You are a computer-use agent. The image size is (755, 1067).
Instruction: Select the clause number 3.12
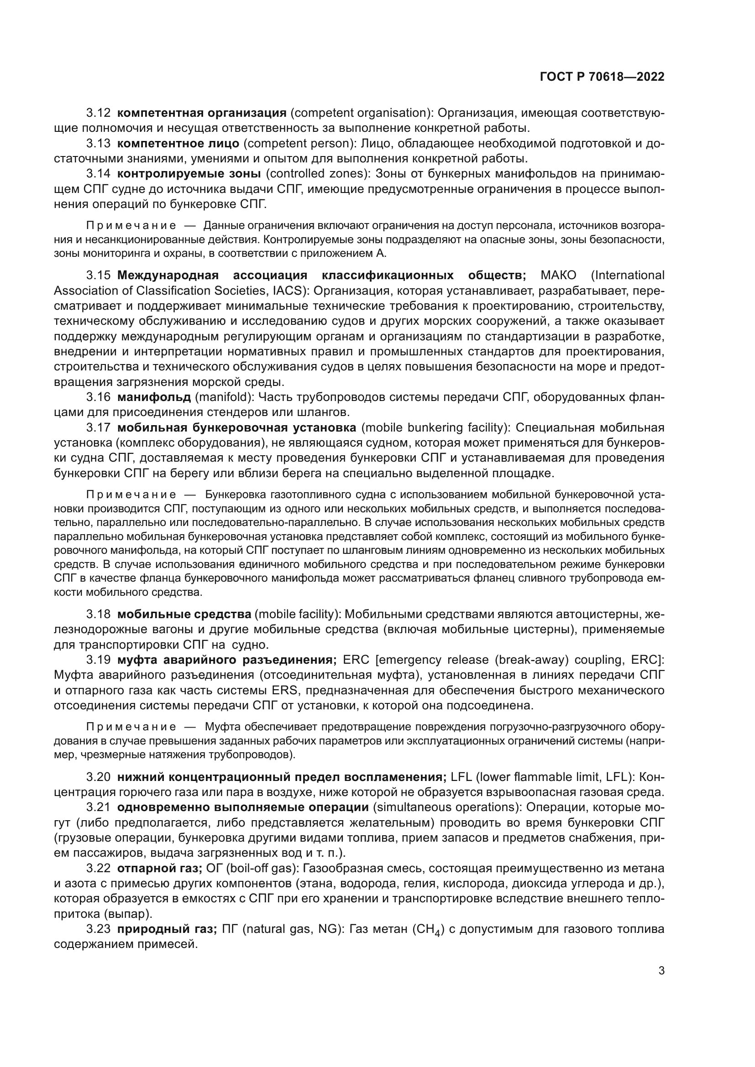coord(98,113)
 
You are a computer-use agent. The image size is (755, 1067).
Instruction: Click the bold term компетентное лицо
coord(178,144)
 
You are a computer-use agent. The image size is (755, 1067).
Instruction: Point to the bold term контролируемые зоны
coord(189,174)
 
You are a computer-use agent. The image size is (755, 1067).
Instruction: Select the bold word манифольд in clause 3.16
coord(154,397)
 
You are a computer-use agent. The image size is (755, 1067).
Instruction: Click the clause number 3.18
coord(98,615)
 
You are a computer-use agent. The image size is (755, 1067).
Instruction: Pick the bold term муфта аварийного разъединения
coord(227,661)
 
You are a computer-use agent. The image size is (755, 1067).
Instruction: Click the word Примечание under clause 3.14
coord(131,226)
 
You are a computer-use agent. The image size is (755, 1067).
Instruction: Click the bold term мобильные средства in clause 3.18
coord(184,615)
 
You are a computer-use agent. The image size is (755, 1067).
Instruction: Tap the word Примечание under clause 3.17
coord(131,494)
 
